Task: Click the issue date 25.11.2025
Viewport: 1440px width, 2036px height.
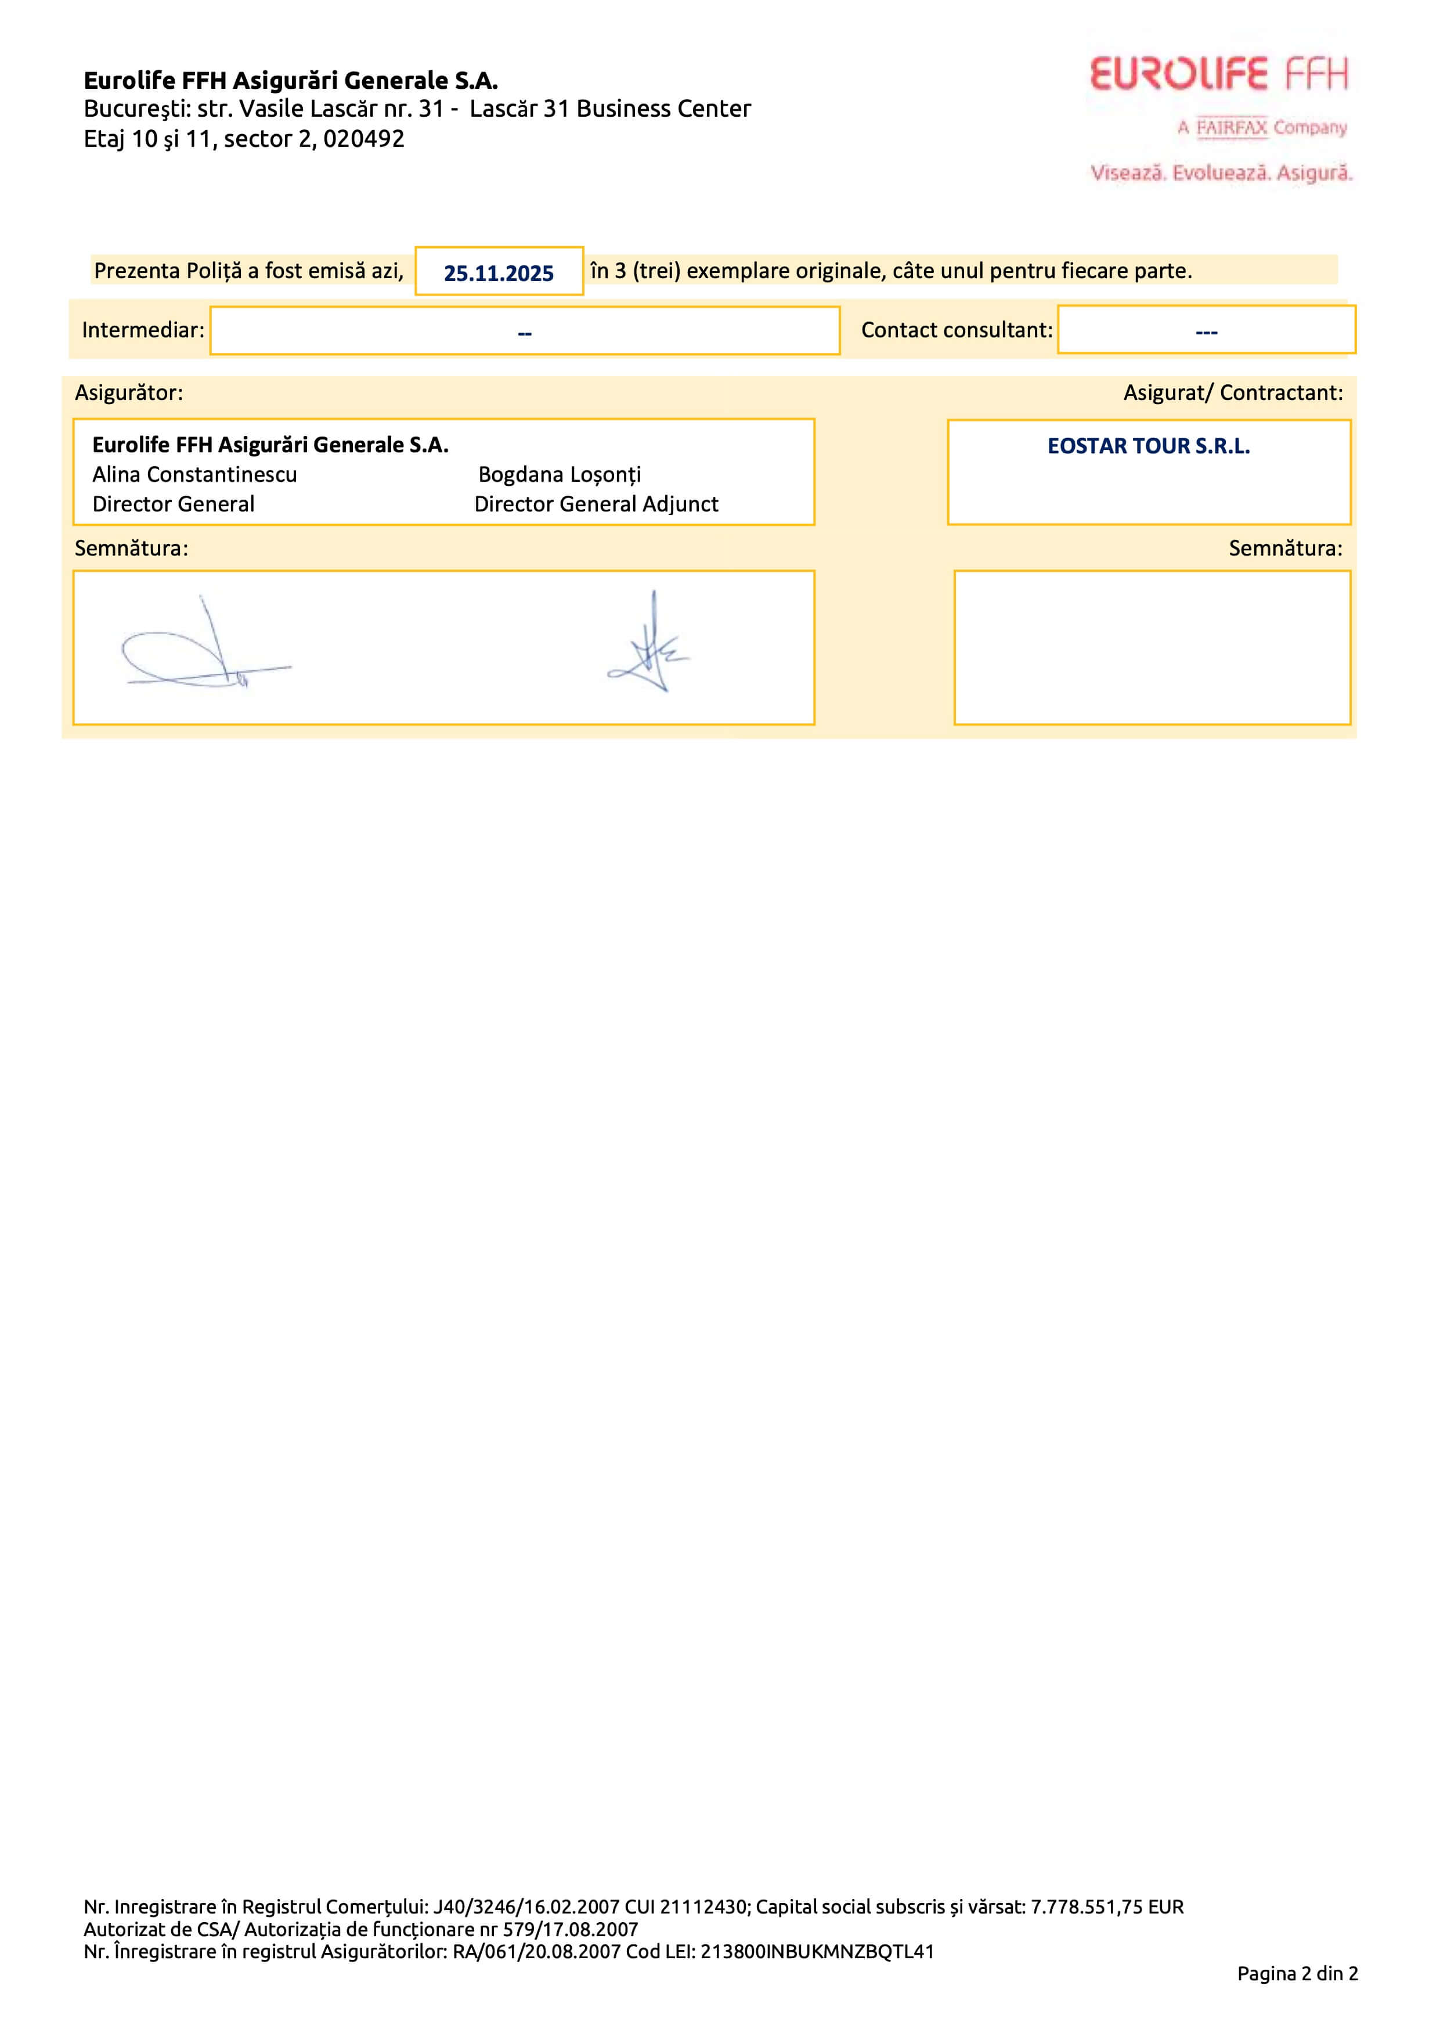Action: [499, 273]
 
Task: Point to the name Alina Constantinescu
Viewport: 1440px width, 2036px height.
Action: [194, 474]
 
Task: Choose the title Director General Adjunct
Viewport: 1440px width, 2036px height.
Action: [596, 505]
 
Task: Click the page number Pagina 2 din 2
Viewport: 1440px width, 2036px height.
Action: [1297, 1973]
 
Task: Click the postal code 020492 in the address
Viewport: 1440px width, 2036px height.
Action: [363, 139]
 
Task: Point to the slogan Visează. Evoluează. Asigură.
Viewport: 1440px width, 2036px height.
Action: [1221, 173]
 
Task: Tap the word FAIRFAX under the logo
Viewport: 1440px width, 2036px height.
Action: [1232, 128]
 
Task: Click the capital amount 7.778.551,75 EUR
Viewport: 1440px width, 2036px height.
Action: [1107, 1907]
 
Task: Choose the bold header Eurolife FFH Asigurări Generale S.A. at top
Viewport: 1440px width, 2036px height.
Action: [291, 81]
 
